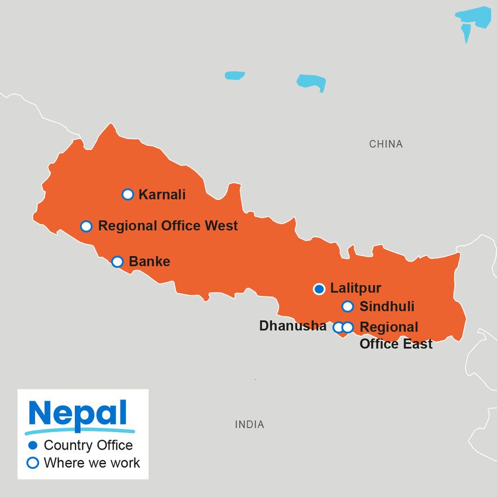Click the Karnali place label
click(x=162, y=195)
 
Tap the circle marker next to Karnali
click(x=127, y=194)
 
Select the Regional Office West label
click(x=168, y=226)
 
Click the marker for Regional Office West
click(x=86, y=226)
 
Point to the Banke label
click(x=149, y=261)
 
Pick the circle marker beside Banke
click(x=117, y=261)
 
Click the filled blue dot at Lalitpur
click(x=319, y=289)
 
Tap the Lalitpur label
click(x=356, y=288)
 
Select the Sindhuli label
click(x=386, y=306)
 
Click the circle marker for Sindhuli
click(x=347, y=306)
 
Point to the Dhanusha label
click(x=292, y=326)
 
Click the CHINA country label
click(x=386, y=144)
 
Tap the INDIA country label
click(x=250, y=424)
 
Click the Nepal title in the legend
click(x=78, y=414)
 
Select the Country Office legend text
click(x=88, y=446)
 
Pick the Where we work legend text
click(x=92, y=463)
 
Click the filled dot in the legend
click(x=33, y=446)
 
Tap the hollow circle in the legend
click(x=33, y=463)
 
